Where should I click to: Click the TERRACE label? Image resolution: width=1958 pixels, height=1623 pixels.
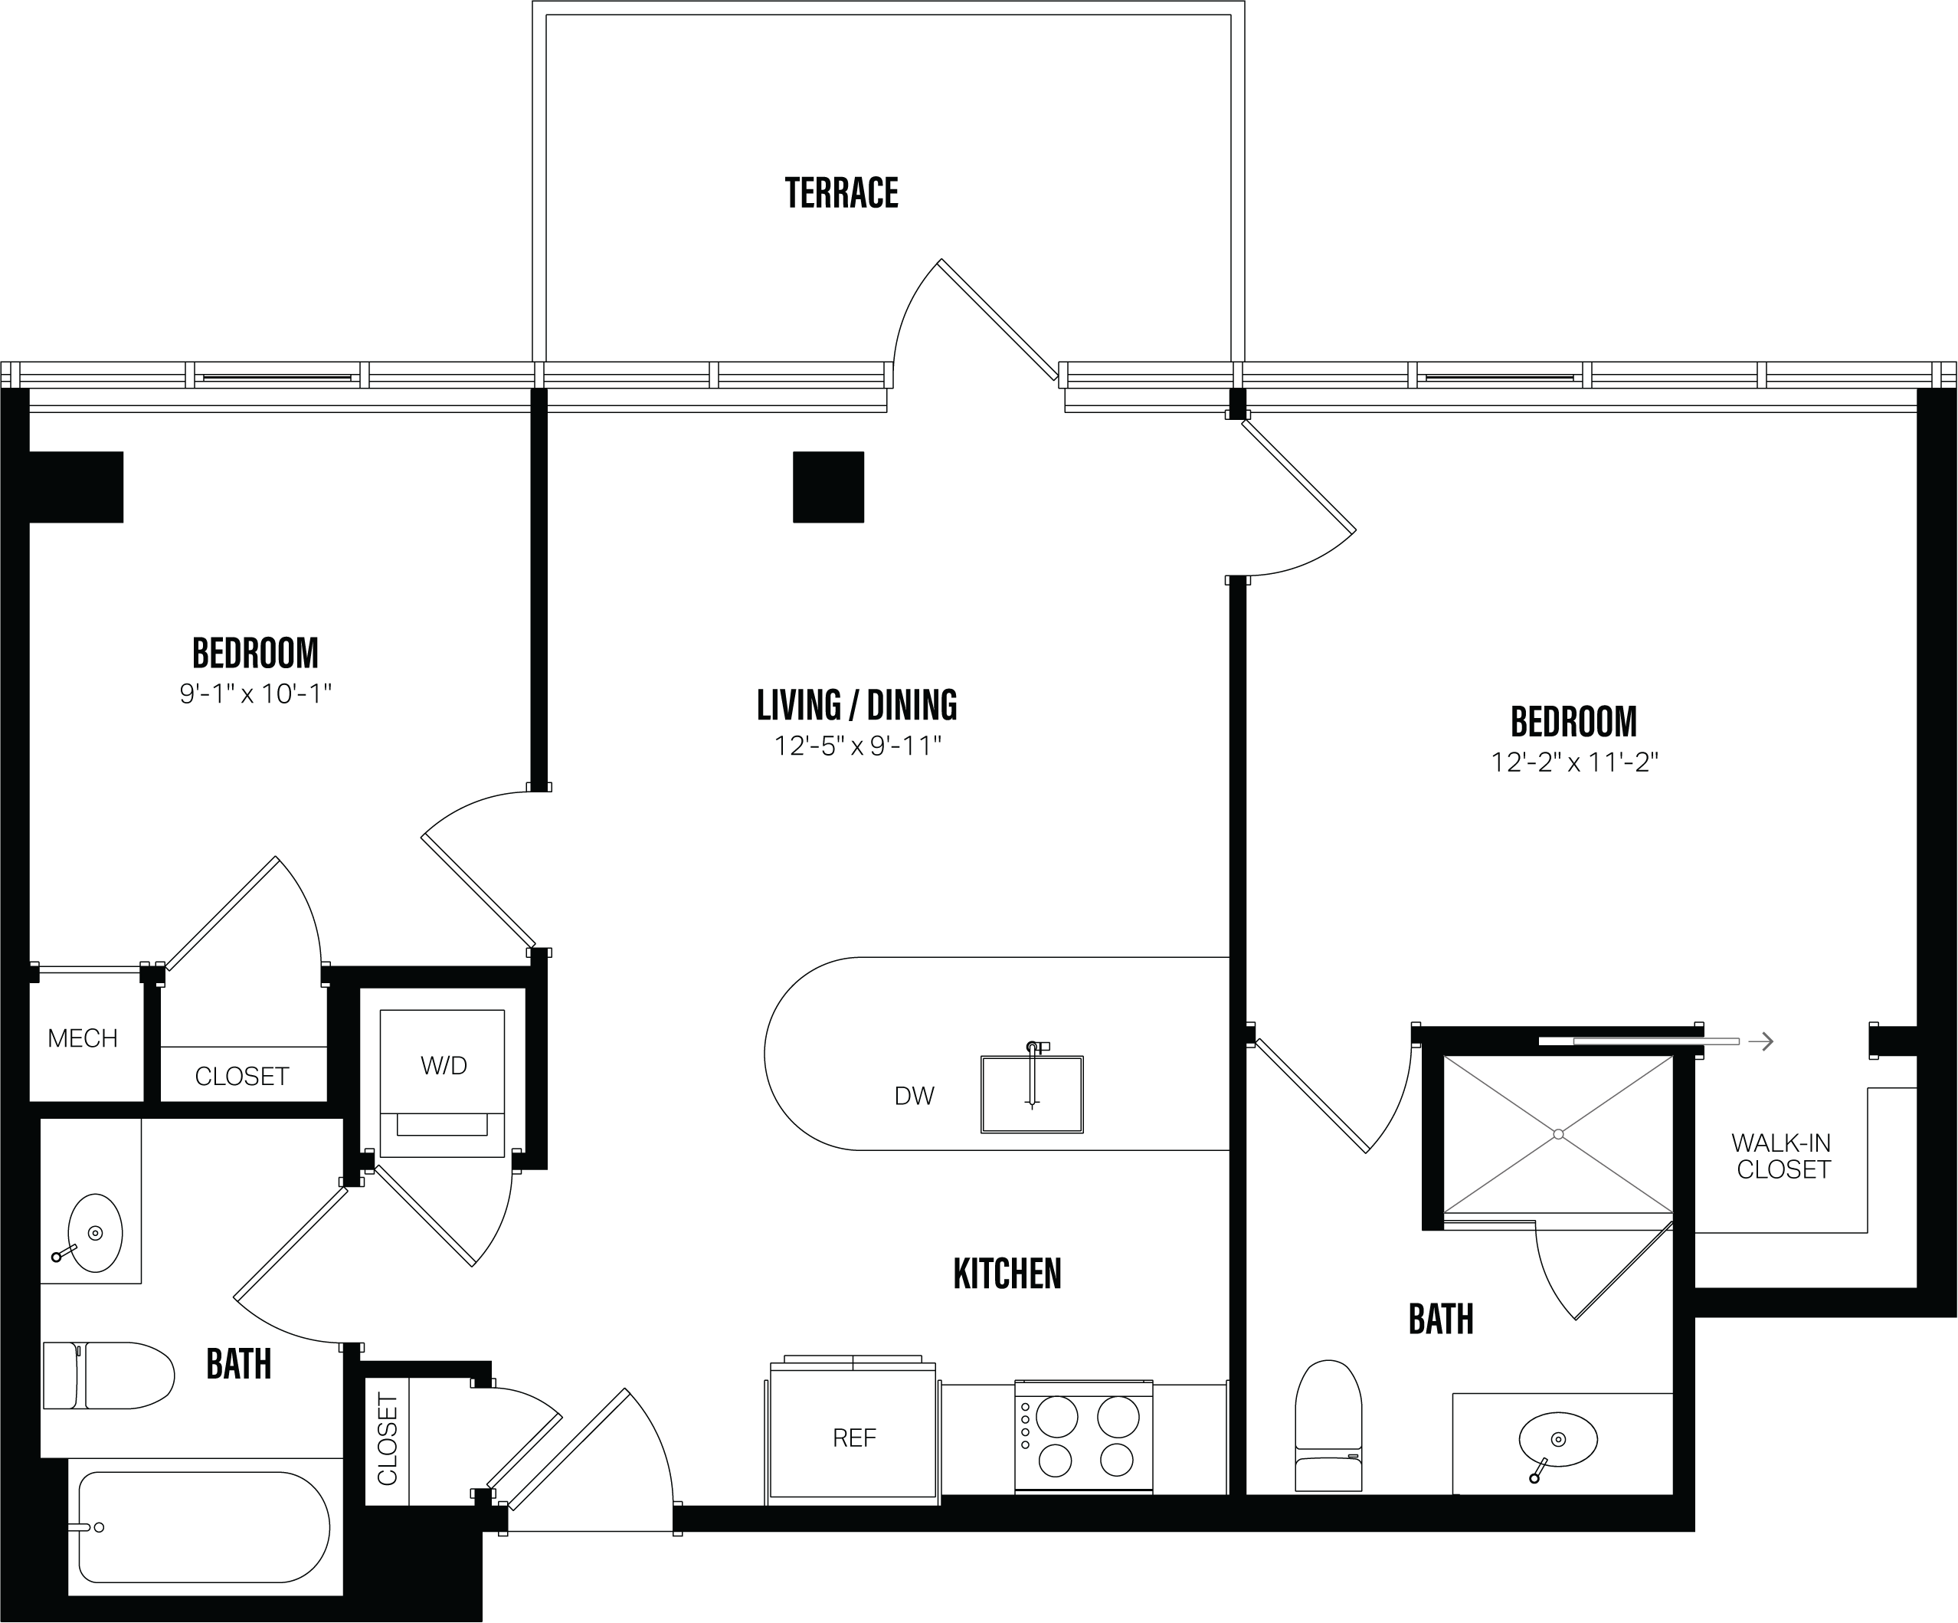[841, 193]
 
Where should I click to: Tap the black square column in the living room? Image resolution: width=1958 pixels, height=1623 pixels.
[828, 487]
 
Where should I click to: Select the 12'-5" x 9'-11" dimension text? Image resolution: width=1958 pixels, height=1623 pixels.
[858, 746]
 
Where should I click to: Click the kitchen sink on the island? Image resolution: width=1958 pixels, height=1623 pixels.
[1031, 1094]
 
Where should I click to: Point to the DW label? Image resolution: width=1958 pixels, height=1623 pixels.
[914, 1096]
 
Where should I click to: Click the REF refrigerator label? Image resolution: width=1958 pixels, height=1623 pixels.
[854, 1438]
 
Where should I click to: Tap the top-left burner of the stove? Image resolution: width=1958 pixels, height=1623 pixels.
[1056, 1418]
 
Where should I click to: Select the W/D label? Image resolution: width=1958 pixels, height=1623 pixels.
[443, 1065]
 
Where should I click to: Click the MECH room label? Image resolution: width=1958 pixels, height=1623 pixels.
[82, 1038]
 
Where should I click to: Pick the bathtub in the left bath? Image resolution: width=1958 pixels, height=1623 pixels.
[203, 1527]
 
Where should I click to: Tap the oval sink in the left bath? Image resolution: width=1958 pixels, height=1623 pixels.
[94, 1233]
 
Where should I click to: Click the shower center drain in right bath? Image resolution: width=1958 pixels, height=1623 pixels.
[1558, 1134]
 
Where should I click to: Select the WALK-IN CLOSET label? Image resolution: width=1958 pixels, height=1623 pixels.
[1782, 1156]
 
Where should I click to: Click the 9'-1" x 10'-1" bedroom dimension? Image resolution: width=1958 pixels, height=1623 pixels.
[255, 694]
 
